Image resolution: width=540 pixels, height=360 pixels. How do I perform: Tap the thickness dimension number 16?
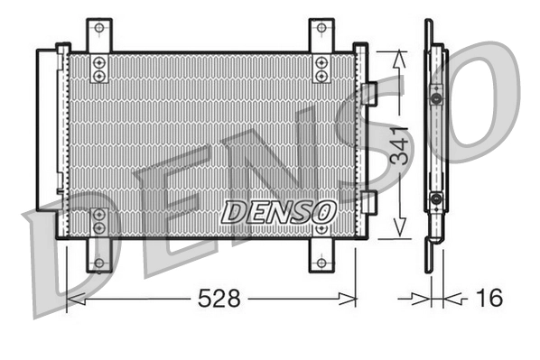tap(487, 298)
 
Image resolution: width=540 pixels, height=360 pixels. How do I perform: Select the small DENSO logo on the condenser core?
tap(279, 213)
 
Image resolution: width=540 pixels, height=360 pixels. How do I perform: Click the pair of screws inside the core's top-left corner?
tap(99, 68)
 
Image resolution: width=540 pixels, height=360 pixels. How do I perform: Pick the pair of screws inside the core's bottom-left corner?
tap(99, 221)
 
